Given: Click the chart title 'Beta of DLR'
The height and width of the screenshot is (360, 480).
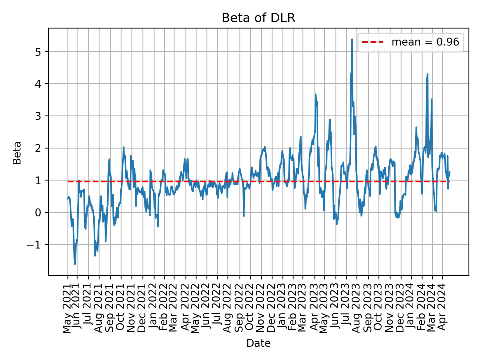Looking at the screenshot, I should point(258,18).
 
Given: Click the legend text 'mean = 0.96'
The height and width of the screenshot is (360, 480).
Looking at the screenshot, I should point(425,42).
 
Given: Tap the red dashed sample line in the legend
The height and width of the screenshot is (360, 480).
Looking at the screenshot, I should point(372,42).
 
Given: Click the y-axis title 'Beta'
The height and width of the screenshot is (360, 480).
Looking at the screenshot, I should point(17,153).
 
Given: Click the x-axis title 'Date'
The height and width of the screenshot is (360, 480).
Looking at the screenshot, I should point(258,343).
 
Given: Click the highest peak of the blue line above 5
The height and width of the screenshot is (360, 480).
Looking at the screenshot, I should point(352,39).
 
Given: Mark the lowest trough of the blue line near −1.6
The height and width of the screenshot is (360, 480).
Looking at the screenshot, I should point(75,264).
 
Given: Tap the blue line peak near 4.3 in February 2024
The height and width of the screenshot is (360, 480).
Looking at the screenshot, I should point(427,74).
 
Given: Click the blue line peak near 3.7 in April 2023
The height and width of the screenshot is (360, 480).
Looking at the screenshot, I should point(315,94).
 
